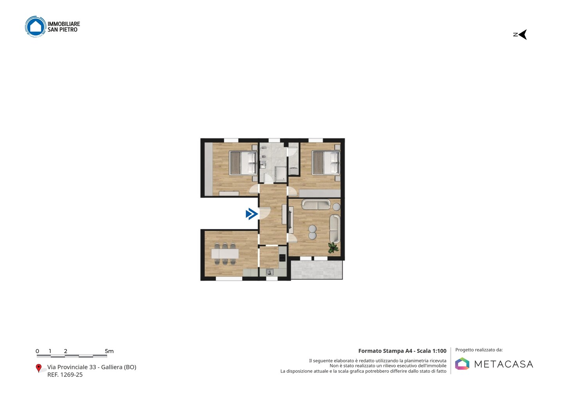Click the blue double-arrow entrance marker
click(252, 214)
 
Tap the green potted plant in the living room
click(333, 247)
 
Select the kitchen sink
click(270, 272)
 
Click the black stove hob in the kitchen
click(283, 258)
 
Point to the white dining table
click(225, 253)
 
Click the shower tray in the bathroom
click(280, 174)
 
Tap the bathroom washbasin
click(263, 165)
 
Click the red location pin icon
click(38, 368)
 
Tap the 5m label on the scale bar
click(109, 351)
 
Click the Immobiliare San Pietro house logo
click(36, 26)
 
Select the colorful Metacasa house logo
click(462, 364)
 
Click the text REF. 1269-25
click(65, 375)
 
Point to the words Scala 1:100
click(432, 351)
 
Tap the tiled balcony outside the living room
click(317, 270)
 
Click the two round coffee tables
click(312, 232)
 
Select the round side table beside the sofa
click(337, 207)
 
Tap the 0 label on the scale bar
click(38, 351)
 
